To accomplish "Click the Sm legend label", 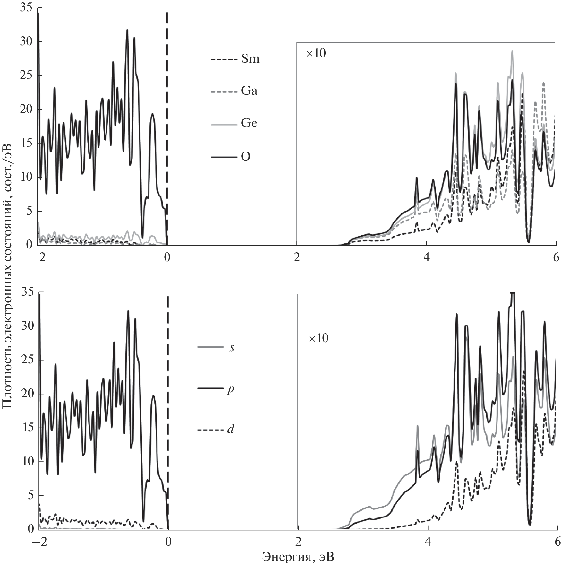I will click(250, 59).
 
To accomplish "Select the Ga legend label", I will click(249, 91).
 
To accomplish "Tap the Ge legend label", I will click(249, 124).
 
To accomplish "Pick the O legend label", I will click(245, 157).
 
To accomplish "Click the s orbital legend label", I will click(232, 347).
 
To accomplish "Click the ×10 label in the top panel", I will click(316, 53).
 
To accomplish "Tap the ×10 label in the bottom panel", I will click(319, 339).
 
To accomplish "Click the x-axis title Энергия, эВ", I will click(298, 557).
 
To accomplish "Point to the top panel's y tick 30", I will click(26, 42).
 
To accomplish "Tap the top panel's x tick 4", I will click(427, 257).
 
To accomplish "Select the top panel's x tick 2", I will click(297, 257).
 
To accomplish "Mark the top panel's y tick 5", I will click(29, 212).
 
